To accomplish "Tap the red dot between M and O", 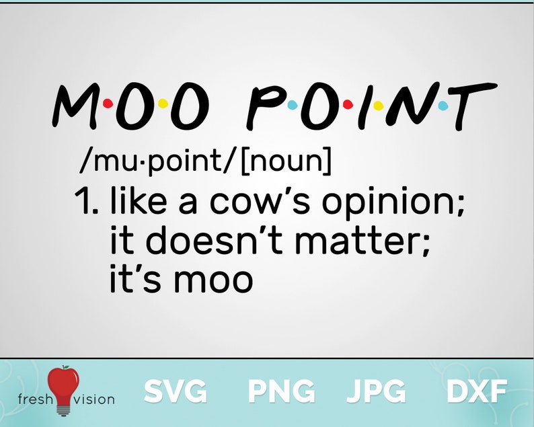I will click(x=110, y=105).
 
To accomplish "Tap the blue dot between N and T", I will click(x=443, y=105).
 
